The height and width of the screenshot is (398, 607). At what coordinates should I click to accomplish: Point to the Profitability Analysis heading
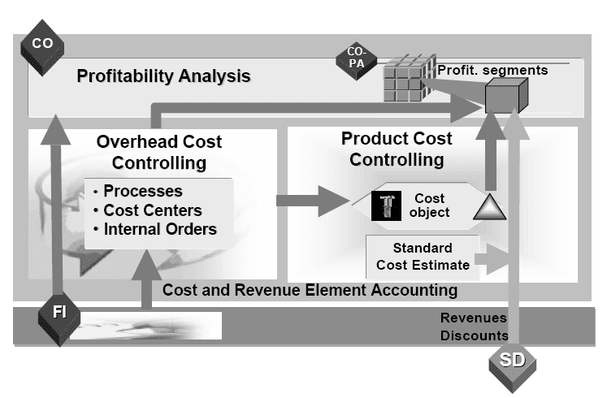tap(163, 77)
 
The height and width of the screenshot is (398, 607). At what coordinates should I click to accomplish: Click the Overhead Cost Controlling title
tap(159, 153)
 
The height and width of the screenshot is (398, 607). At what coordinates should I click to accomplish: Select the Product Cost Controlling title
tap(397, 148)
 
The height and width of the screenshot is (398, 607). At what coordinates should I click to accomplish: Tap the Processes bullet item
tap(142, 192)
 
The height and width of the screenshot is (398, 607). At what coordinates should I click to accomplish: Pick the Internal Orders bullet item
tap(159, 229)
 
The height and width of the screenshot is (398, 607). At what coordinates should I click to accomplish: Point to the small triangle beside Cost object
tap(486, 208)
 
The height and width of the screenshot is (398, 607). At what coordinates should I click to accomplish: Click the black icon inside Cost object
tap(387, 205)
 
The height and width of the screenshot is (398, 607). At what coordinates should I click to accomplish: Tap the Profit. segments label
tap(492, 70)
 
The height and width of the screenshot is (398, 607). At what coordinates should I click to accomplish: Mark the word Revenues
tap(473, 318)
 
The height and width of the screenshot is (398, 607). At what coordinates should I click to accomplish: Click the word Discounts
tap(475, 335)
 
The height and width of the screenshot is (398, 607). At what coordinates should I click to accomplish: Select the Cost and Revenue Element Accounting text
tap(310, 290)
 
